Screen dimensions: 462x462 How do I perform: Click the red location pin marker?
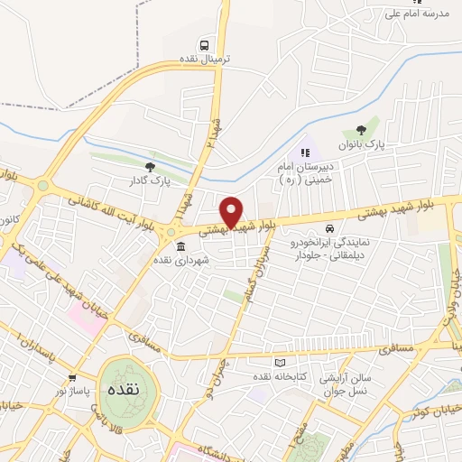232,211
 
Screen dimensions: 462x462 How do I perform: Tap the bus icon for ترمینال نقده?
207,43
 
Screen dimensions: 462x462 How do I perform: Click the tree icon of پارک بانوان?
362,130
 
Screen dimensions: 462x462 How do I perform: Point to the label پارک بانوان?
362,144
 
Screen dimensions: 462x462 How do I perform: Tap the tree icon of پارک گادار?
151,165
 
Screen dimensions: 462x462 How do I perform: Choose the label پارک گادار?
150,180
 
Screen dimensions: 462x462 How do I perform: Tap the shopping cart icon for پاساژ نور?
72,378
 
